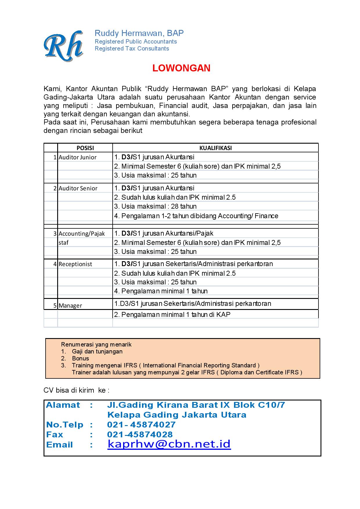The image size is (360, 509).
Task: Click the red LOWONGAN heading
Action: (181, 68)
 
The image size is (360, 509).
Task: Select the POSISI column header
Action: (85, 148)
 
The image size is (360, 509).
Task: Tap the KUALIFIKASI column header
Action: (215, 148)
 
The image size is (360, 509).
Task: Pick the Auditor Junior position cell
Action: (78, 157)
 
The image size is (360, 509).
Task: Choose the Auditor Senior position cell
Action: (78, 188)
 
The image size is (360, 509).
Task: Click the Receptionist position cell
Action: (75, 264)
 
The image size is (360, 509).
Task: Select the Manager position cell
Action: (70, 306)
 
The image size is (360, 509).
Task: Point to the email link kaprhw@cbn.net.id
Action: (169, 444)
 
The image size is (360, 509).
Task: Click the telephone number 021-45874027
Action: (141, 425)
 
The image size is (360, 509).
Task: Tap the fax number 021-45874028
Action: (140, 434)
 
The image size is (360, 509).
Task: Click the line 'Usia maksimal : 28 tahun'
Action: (155, 206)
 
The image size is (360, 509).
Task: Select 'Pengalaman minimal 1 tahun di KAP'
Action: (172, 315)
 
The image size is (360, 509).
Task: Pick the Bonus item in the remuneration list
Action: (80, 358)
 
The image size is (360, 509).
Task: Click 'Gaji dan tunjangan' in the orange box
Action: (97, 351)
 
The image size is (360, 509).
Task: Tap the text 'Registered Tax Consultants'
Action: (132, 48)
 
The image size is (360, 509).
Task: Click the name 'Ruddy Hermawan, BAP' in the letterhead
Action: (139, 33)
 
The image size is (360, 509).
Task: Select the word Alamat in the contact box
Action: (63, 405)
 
